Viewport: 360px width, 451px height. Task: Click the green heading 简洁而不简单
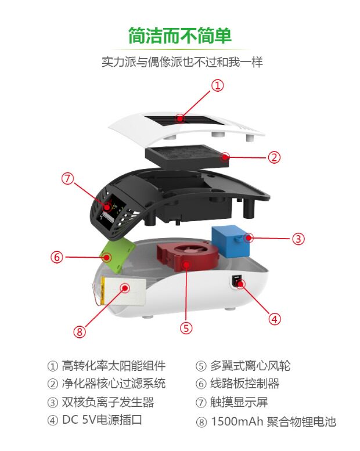pyautogui.click(x=180, y=36)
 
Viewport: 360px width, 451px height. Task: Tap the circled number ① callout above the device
pyautogui.click(x=217, y=86)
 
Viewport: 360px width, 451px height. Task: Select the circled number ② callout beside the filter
pyautogui.click(x=274, y=157)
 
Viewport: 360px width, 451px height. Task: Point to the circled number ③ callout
pyautogui.click(x=298, y=238)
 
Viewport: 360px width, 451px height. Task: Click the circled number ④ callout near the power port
pyautogui.click(x=274, y=318)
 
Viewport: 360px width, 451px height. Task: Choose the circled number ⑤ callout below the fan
pyautogui.click(x=56, y=257)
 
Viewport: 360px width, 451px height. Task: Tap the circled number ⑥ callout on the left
pyautogui.click(x=68, y=179)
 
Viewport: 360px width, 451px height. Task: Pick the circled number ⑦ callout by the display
pyautogui.click(x=80, y=331)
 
